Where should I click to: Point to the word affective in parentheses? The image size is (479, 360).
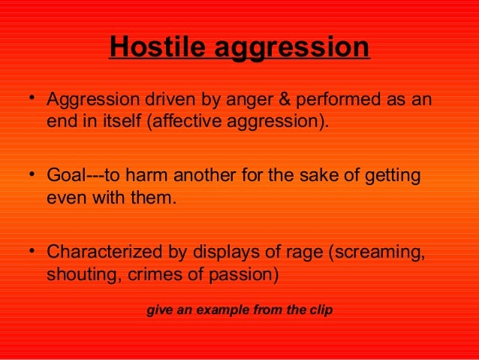coord(185,123)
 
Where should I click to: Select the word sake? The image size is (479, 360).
coord(320,177)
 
